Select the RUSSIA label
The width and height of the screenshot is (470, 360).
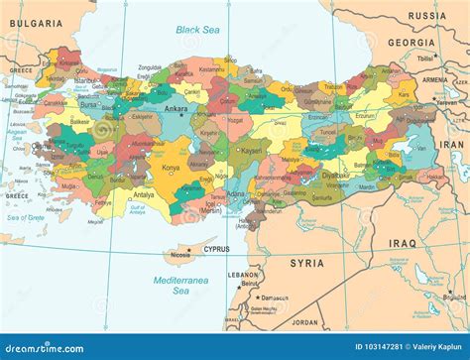pyautogui.click(x=426, y=16)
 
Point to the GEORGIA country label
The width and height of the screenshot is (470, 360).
pyautogui.click(x=411, y=43)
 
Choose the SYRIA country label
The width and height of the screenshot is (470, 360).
pyautogui.click(x=306, y=263)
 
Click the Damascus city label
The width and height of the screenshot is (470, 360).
pyautogui.click(x=275, y=298)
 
